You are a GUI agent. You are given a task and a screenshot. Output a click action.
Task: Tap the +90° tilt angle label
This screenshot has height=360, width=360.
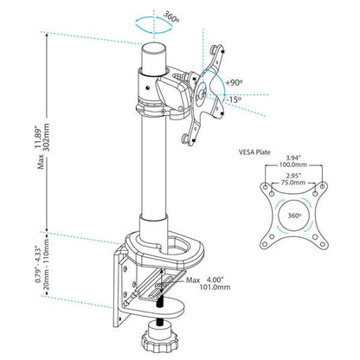click(234, 82)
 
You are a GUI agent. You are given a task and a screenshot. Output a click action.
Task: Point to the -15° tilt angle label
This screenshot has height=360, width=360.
click(234, 100)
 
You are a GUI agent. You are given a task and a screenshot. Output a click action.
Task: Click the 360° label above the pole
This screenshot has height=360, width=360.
click(171, 17)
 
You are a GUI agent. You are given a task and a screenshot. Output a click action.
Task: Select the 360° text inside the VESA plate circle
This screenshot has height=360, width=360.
click(294, 215)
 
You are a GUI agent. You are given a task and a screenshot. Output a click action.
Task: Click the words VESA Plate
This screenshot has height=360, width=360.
click(254, 152)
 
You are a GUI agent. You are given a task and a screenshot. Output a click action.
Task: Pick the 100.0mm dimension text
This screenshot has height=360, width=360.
click(293, 165)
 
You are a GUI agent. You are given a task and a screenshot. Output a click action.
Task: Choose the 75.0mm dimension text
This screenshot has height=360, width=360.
click(292, 183)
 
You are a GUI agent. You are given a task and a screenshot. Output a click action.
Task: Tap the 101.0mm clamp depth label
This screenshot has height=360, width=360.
click(215, 287)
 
